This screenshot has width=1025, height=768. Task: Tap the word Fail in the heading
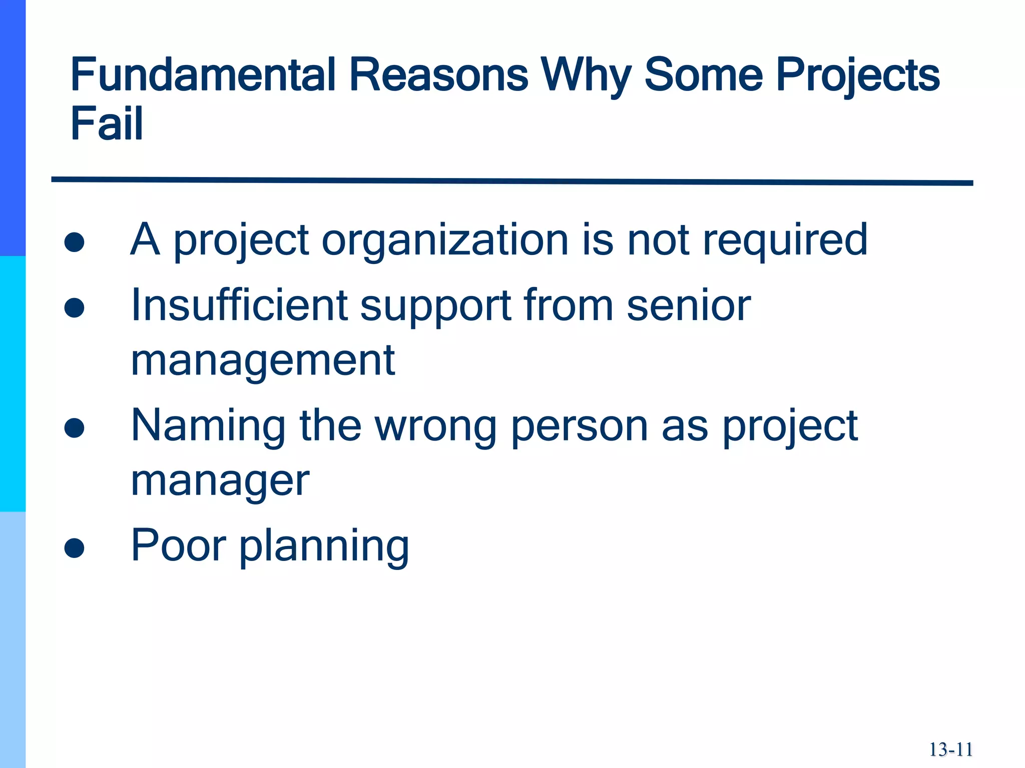tap(107, 123)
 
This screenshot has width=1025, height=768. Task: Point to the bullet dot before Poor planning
tap(74, 548)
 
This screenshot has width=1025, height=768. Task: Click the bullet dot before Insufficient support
tap(74, 308)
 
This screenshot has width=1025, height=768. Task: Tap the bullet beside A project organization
tap(74, 242)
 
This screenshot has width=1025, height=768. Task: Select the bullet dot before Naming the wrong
tap(74, 428)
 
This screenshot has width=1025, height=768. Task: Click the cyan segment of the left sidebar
tap(13, 384)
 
